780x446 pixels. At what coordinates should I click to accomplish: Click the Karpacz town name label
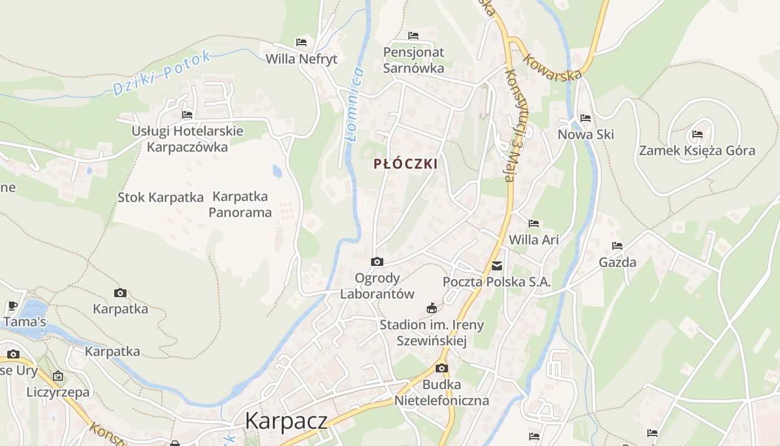pyautogui.click(x=286, y=421)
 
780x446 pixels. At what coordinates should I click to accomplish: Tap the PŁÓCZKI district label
pyautogui.click(x=406, y=164)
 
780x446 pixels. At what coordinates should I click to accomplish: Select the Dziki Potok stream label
pyautogui.click(x=162, y=72)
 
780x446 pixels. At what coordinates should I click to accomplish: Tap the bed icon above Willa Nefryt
pyautogui.click(x=301, y=42)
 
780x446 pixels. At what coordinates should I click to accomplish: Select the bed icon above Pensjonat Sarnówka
pyautogui.click(x=413, y=36)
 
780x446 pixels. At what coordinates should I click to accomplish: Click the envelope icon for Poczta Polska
pyautogui.click(x=497, y=266)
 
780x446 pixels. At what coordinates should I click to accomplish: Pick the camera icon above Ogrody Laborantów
pyautogui.click(x=377, y=261)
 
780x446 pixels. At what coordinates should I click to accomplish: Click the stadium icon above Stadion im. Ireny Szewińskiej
pyautogui.click(x=431, y=308)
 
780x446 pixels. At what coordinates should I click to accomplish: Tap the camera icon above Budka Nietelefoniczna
pyautogui.click(x=441, y=368)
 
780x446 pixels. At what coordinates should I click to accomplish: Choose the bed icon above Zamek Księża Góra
pyautogui.click(x=697, y=134)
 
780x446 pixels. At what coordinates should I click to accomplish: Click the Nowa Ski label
pyautogui.click(x=586, y=134)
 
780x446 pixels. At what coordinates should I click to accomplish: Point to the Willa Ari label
pyautogui.click(x=534, y=240)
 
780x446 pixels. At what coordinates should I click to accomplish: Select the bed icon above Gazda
pyautogui.click(x=617, y=246)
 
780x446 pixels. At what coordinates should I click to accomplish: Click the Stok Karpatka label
pyautogui.click(x=160, y=197)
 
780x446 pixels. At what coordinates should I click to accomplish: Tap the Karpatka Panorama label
pyautogui.click(x=240, y=204)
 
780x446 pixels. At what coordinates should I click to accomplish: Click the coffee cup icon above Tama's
pyautogui.click(x=13, y=306)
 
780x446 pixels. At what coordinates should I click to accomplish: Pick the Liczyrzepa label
pyautogui.click(x=58, y=392)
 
